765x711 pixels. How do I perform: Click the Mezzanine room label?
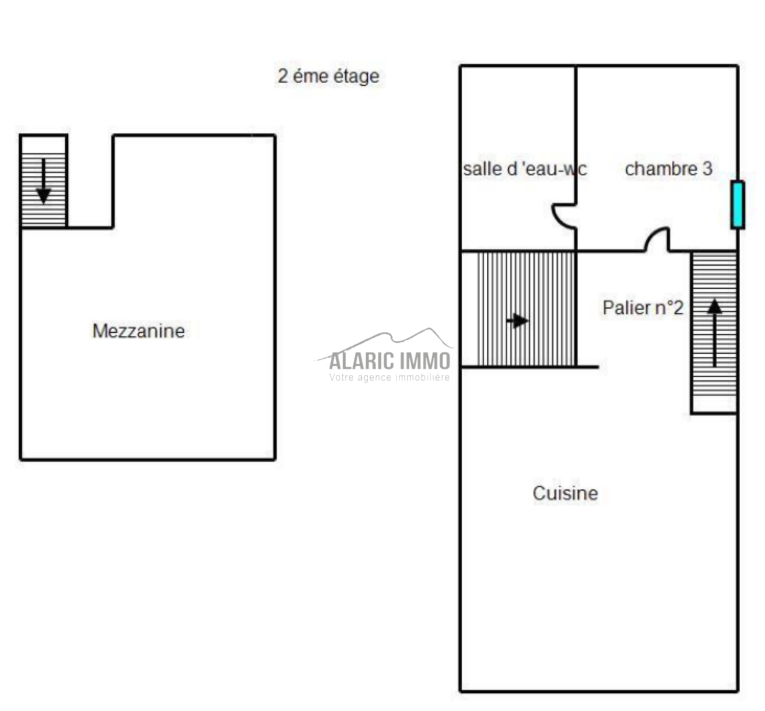139,331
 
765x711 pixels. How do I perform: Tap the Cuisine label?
565,493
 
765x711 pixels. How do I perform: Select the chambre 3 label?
668,168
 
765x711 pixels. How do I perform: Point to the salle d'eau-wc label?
525,169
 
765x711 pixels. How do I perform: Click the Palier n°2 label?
643,307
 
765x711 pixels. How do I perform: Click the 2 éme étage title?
328,76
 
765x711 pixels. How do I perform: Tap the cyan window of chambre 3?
738,205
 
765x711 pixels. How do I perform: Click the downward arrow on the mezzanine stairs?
44,181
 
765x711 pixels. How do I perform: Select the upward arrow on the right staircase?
714,333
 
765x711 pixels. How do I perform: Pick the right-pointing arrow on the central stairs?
517,320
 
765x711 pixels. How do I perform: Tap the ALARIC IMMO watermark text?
390,361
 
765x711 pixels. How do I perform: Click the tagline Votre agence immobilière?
390,378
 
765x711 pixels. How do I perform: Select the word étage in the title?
356,77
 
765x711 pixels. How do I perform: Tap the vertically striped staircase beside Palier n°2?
518,309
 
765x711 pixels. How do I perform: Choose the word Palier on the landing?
624,307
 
